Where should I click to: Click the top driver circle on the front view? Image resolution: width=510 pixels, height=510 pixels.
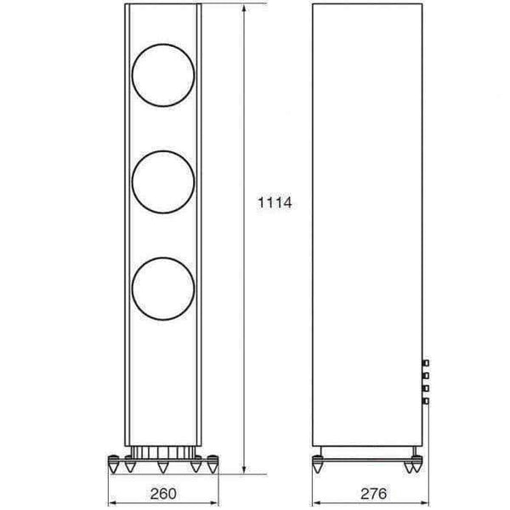click(x=132, y=75)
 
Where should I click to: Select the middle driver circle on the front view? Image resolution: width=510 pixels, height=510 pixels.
click(x=132, y=182)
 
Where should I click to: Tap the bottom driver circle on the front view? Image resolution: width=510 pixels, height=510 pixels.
click(x=132, y=289)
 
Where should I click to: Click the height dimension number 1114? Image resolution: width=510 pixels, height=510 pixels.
click(x=275, y=202)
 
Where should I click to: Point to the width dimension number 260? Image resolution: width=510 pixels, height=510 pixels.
click(x=163, y=493)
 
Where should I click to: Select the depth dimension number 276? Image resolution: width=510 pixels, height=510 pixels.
click(x=374, y=493)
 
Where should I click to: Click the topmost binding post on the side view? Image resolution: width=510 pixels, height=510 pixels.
click(x=426, y=363)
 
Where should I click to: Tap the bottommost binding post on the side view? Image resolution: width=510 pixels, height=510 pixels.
click(x=426, y=401)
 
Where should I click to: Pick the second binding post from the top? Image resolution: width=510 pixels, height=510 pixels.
click(x=426, y=376)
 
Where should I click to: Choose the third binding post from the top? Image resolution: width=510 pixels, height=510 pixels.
click(x=426, y=388)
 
